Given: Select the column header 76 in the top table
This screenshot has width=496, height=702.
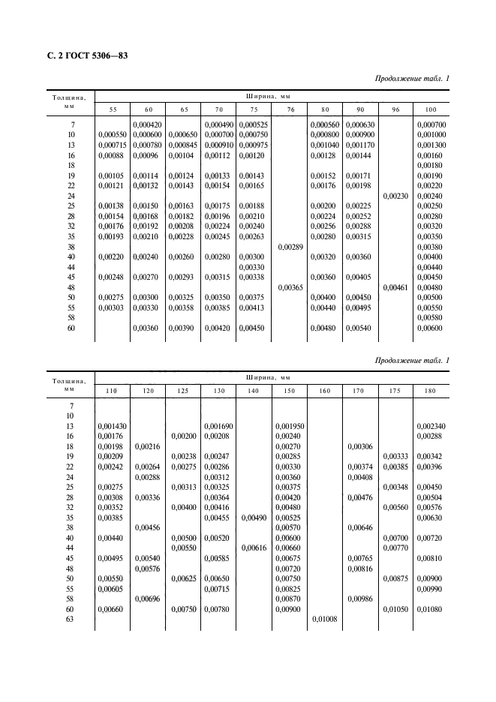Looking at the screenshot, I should (x=290, y=109).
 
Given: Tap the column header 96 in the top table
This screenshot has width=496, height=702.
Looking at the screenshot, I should (x=397, y=109).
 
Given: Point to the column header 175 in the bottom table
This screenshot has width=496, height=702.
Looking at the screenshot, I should (x=395, y=391).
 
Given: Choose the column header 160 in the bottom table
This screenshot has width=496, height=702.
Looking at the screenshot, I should (x=324, y=391).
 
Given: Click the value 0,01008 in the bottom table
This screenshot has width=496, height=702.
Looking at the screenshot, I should (x=324, y=619).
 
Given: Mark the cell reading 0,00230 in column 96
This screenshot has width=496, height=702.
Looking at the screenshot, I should (x=397, y=196).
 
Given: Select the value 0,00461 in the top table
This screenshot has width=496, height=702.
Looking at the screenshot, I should (x=397, y=286).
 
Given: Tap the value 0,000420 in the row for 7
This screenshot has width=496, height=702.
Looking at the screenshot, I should (x=148, y=124).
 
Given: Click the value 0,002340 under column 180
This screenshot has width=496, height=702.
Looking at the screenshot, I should (x=431, y=425).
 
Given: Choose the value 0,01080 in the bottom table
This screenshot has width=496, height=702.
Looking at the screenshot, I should (x=431, y=610).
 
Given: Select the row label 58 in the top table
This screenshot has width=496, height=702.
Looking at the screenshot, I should (x=71, y=317).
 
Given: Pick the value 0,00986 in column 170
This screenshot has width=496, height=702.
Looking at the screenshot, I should (x=359, y=599).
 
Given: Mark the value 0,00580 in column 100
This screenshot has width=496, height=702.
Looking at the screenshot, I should (x=431, y=317).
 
